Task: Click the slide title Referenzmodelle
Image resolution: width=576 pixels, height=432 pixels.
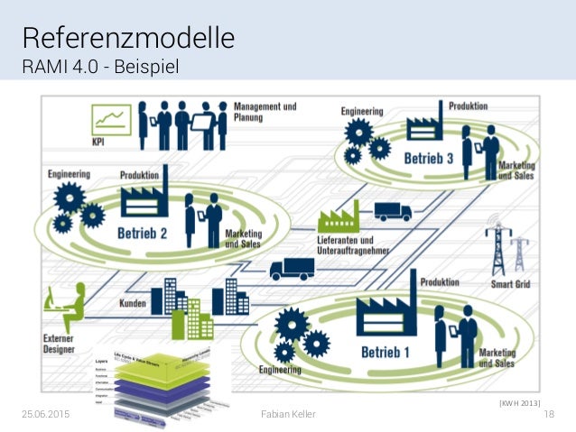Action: tap(128, 38)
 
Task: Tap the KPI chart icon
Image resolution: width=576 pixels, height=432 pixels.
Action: tap(111, 119)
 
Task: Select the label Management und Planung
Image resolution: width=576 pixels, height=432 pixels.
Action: tap(266, 111)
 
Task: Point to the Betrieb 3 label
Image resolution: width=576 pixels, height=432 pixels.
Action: tap(429, 159)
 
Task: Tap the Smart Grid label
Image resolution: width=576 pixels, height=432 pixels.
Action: tap(511, 285)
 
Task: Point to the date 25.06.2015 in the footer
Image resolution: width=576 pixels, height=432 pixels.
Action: tap(44, 412)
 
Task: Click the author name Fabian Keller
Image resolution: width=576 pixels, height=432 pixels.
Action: tap(287, 412)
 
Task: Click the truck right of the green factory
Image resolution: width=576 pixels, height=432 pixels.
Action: tap(393, 211)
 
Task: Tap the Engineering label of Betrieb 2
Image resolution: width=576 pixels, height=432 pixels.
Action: tap(69, 172)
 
